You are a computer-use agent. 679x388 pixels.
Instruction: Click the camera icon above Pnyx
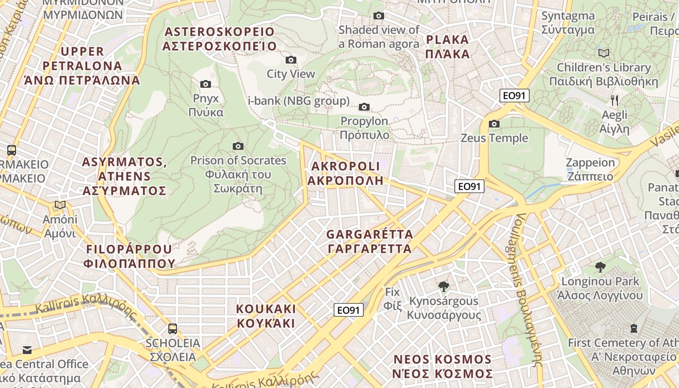206,84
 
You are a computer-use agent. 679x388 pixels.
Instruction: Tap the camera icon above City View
291,60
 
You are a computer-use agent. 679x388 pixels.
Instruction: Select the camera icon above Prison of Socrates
238,146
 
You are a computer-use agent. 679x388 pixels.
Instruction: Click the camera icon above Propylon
364,107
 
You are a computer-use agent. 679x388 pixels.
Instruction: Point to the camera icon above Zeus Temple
494,124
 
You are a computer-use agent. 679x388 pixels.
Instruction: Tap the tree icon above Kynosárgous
443,287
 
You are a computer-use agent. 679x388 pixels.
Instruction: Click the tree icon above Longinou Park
600,267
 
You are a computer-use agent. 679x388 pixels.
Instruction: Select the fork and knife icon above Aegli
614,100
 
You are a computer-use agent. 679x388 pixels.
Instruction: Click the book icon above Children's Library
604,53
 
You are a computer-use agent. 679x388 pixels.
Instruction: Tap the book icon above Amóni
60,205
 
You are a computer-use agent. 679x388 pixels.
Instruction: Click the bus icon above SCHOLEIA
173,329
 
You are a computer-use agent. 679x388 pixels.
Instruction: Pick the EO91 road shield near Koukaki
349,310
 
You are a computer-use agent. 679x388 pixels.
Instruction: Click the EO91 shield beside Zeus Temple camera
515,96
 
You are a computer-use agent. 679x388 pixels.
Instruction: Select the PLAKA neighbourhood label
447,47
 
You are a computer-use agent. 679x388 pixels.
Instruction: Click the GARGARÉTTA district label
370,242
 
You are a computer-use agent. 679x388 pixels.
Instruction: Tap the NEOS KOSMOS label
443,367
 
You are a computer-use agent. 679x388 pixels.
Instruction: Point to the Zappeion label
590,169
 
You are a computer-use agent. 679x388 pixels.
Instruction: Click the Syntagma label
568,22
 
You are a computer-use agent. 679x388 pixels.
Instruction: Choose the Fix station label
392,299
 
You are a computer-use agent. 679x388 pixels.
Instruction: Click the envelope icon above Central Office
27,350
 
